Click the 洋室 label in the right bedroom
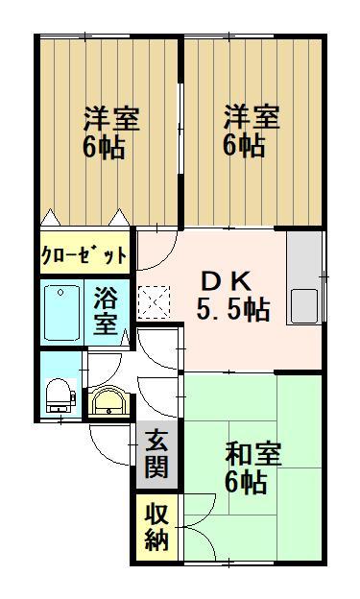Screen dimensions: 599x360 click(x=252, y=118)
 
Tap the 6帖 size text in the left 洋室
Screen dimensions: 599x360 click(x=104, y=149)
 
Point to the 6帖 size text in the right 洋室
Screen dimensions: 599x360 click(x=245, y=147)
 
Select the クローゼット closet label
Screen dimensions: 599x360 click(x=84, y=255)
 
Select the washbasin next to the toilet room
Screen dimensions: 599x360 click(x=108, y=401)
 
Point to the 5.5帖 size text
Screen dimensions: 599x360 click(x=232, y=310)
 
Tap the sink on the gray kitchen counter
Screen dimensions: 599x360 click(x=306, y=304)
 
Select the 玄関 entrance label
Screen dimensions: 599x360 click(x=156, y=456)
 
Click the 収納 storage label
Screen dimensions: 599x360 click(x=156, y=527)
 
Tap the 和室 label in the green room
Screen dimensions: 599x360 click(x=253, y=453)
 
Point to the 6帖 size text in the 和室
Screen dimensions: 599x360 click(x=246, y=483)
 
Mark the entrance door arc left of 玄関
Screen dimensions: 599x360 click(x=110, y=442)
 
